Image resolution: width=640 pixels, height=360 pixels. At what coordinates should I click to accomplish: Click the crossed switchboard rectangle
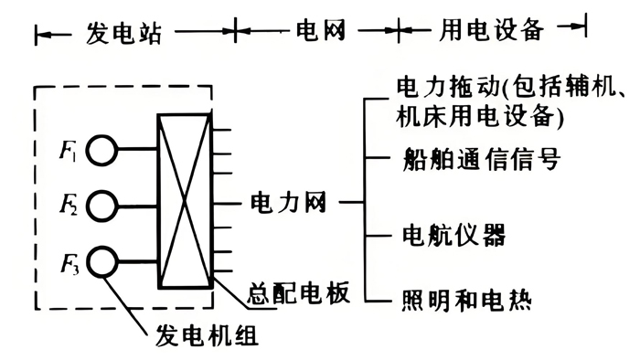point(186,201)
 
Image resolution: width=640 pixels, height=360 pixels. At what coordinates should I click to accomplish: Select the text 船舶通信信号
point(481,158)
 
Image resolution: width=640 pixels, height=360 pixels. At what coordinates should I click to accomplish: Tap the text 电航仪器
point(453,234)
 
